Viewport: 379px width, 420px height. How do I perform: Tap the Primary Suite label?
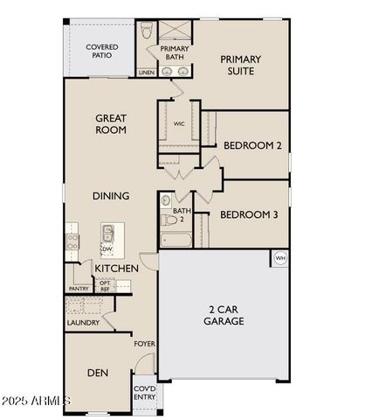point(240,65)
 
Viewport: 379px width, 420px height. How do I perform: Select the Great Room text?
point(112,123)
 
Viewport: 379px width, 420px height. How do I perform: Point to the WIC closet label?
point(179,124)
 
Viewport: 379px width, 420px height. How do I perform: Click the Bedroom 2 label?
point(252,145)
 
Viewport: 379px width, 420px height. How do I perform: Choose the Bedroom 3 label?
point(249,214)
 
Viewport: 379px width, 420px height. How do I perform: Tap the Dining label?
point(111,196)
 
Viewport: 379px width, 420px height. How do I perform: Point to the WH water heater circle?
point(280,258)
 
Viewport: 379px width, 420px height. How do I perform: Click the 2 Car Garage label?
point(225,315)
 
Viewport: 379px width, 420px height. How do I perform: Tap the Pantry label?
point(79,288)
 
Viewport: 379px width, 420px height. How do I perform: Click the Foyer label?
point(144,344)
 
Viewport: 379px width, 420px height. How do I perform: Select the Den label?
point(97,373)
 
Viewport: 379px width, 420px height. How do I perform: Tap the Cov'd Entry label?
point(144,393)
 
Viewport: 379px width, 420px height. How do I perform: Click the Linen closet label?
point(146,73)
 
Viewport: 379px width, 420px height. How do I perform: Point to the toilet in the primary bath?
point(146,33)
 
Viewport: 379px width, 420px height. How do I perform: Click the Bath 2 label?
point(181,214)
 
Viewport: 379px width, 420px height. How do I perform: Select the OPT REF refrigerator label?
point(105,286)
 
